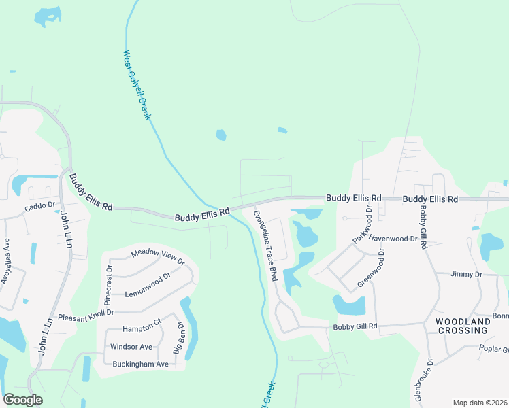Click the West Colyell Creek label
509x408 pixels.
point(137,85)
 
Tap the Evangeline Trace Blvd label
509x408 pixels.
point(265,245)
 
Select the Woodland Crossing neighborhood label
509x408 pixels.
point(462,326)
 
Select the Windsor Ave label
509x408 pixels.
point(132,347)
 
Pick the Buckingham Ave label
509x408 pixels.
point(140,364)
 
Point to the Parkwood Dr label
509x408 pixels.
point(363,225)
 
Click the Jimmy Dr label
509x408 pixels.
point(467,274)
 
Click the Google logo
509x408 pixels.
point(23,400)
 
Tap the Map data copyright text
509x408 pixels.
point(480,403)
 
